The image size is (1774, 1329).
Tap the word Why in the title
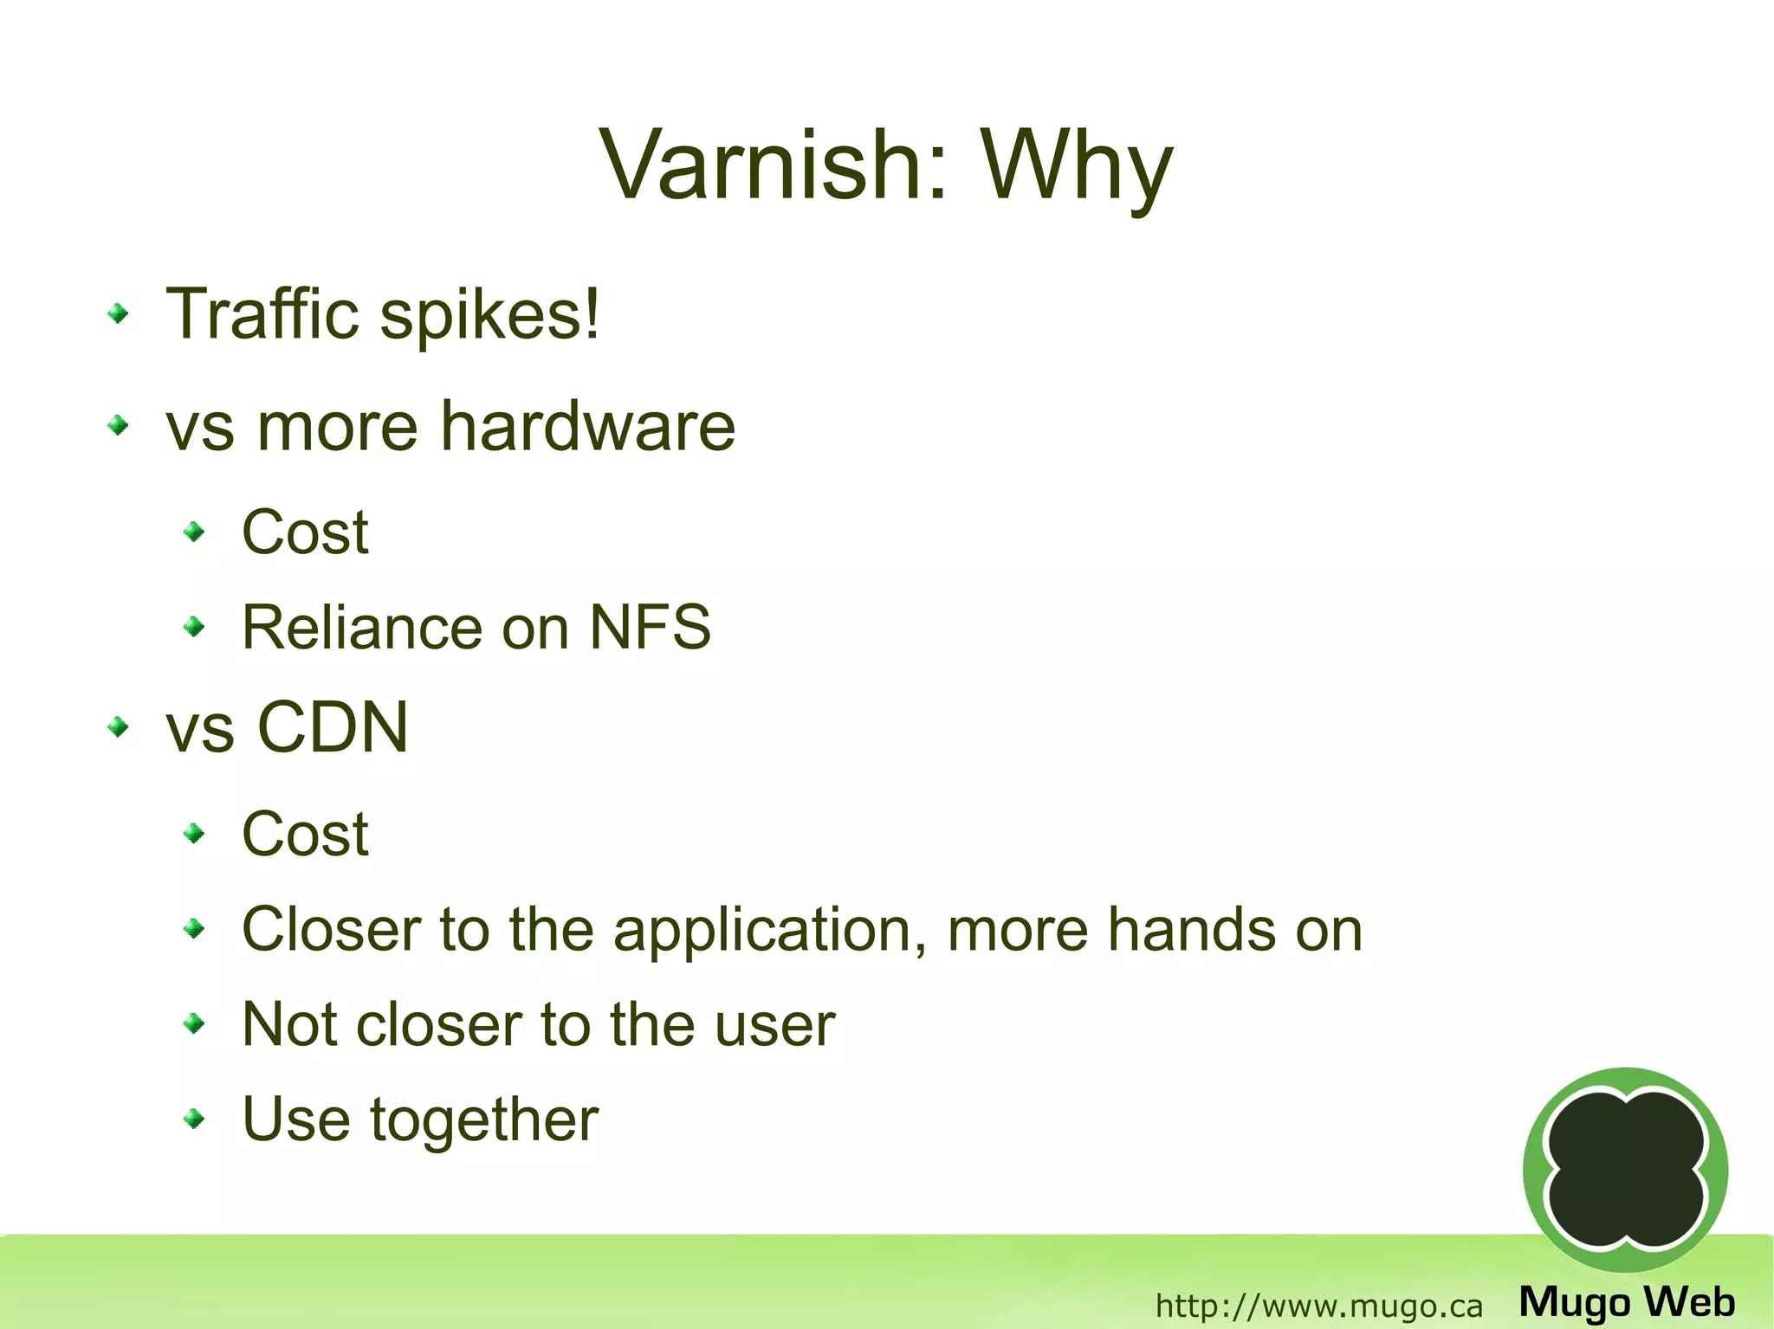(x=1077, y=166)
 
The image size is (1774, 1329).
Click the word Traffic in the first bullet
(x=262, y=313)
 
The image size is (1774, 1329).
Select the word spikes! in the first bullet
(x=490, y=315)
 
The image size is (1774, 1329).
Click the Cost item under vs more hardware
(x=305, y=532)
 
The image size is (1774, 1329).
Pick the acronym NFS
(x=650, y=627)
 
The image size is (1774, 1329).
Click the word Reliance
(x=361, y=627)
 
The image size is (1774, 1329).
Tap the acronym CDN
(x=333, y=727)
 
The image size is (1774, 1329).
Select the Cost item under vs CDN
(x=305, y=835)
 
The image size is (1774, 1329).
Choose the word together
(x=484, y=1120)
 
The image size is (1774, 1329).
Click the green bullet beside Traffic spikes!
(x=119, y=314)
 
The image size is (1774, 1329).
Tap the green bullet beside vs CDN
(x=119, y=727)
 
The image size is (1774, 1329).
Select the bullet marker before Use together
(x=195, y=1119)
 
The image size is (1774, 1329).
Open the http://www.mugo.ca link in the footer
(x=1318, y=1305)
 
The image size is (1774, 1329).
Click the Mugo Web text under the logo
(x=1627, y=1301)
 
